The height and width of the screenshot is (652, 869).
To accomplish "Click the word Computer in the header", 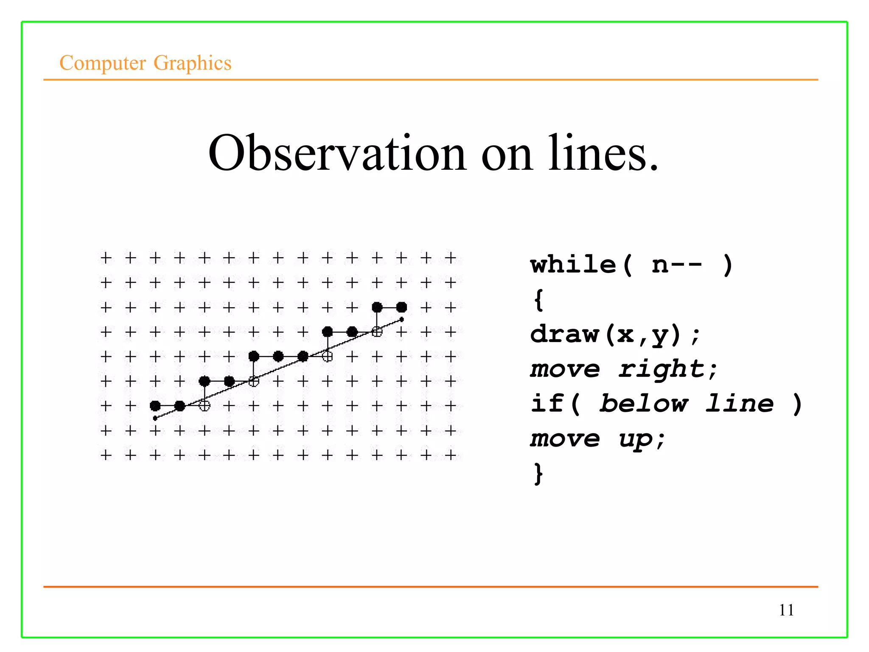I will click(103, 63).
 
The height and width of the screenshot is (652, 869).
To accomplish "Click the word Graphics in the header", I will click(192, 63).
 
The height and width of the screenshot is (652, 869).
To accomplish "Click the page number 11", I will click(786, 610).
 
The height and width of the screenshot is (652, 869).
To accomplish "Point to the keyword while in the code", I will click(573, 265).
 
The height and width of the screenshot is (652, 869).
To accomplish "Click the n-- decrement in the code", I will click(677, 265).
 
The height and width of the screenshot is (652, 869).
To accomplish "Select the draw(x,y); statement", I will click(615, 334).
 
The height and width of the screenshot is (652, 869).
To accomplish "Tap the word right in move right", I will click(668, 369).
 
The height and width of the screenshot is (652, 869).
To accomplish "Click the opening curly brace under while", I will click(538, 300).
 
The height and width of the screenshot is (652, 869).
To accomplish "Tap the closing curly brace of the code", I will click(538, 474).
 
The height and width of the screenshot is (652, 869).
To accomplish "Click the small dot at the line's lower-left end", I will click(155, 419).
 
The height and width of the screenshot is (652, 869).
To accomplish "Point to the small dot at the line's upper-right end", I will click(402, 320).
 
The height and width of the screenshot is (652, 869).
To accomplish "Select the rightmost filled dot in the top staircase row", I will click(402, 307).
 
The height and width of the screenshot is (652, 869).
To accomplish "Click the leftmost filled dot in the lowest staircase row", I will click(155, 406).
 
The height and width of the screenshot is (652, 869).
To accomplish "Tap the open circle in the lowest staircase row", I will click(205, 406).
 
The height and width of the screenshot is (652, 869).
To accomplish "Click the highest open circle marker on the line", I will click(377, 332).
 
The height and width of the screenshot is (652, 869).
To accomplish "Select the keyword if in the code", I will click(547, 403).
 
